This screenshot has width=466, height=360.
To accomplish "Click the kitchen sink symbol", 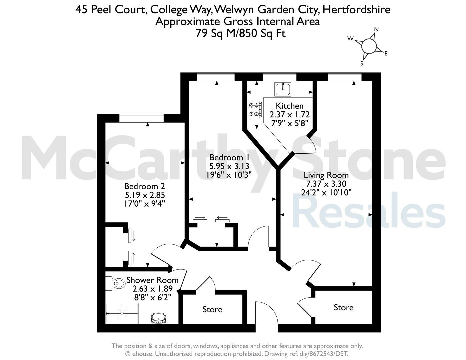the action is point(283,89).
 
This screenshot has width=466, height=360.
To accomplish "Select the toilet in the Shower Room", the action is point(115,283).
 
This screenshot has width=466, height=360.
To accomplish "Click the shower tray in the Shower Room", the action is point(122,313).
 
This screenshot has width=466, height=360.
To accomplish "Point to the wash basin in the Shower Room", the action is point(158,319).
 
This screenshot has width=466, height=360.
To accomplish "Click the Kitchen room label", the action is point(290,106).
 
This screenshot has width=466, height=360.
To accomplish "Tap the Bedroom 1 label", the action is point(229,157).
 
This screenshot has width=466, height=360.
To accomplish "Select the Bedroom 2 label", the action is point(145,186).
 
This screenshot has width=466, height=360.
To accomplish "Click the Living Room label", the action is point(326,175).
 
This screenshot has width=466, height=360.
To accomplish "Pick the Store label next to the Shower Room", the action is point(212,309).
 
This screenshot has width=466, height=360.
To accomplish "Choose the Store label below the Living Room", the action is point(344,307).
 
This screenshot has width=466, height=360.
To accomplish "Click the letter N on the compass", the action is point(376,29).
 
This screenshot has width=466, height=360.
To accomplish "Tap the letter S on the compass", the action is point(362,63).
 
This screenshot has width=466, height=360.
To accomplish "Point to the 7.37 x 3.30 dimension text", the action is point(326,184).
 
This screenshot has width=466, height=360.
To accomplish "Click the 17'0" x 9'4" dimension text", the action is point(145,203).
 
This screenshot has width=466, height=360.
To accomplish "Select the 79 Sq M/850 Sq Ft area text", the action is point(240,33).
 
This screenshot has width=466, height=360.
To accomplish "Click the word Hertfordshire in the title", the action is point(356,9).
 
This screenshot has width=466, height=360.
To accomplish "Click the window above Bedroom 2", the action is point(142,119).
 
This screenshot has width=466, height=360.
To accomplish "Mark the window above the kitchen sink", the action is point(280,77).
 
